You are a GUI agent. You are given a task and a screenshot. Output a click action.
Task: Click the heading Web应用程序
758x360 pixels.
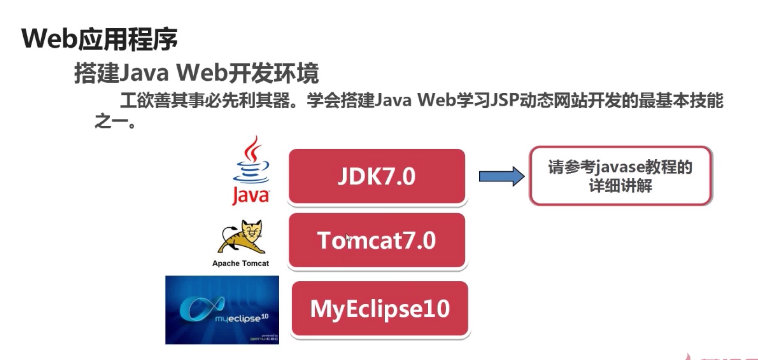[99, 39]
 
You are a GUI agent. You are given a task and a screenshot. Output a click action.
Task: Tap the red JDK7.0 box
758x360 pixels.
[377, 177]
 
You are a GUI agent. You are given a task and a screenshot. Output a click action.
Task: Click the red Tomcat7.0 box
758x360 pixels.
[377, 241]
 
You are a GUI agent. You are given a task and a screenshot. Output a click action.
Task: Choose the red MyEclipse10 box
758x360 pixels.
[379, 308]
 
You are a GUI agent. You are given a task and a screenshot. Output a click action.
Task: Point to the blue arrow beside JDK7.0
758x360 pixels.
[501, 177]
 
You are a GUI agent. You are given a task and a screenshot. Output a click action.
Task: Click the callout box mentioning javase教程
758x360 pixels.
[620, 176]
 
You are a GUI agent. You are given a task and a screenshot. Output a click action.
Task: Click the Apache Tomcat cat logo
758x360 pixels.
[241, 236]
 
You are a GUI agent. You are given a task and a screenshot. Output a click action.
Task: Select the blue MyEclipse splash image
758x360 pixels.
[221, 307]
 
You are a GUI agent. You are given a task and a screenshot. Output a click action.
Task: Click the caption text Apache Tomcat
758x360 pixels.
[241, 263]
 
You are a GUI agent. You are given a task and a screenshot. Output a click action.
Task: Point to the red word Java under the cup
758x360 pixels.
[251, 195]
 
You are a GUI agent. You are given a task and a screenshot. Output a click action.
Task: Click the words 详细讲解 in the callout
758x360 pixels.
[621, 187]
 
